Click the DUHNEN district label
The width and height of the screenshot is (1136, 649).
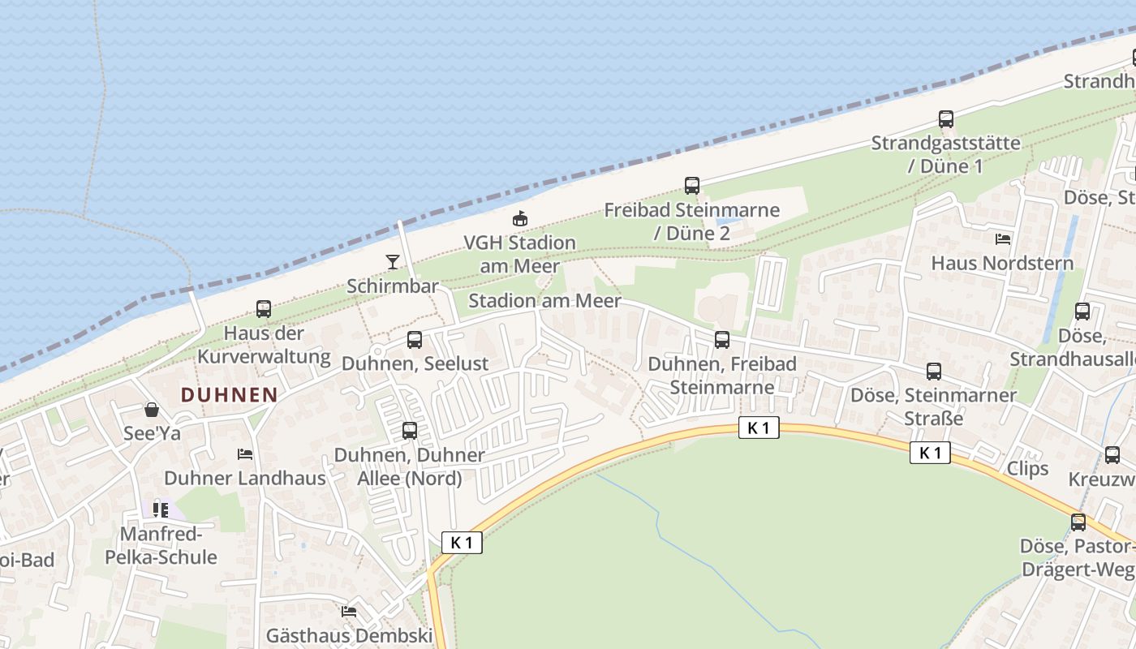[x=229, y=395]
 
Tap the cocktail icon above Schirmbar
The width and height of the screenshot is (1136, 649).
[x=393, y=261]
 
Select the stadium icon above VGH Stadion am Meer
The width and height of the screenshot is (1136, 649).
[x=519, y=218]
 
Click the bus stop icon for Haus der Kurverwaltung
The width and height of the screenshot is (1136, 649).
[x=264, y=309]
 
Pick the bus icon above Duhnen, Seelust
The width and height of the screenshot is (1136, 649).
[x=415, y=340]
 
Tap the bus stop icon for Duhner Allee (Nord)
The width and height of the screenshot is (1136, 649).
[x=410, y=431]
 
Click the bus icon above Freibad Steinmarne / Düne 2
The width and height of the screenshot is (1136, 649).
[x=691, y=186]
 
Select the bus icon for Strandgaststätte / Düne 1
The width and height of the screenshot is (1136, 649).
[x=946, y=119]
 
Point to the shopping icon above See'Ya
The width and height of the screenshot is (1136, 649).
[x=152, y=410]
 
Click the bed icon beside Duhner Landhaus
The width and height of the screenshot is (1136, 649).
[x=245, y=454]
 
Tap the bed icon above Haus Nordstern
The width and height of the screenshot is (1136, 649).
[x=1003, y=239]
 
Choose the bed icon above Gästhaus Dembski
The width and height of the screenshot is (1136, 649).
[x=349, y=612]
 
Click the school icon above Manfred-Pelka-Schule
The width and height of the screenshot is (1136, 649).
[x=161, y=510]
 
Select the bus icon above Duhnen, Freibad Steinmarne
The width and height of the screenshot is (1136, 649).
[x=722, y=340]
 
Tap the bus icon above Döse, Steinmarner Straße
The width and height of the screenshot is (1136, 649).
[x=934, y=372]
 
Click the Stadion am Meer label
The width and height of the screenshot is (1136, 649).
[x=544, y=301]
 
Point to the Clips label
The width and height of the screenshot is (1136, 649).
[x=1027, y=468]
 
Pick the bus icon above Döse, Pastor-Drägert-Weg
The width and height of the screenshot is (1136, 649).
[x=1078, y=522]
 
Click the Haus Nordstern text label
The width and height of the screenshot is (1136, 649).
[x=1002, y=263]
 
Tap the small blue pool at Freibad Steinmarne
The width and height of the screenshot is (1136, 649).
[x=728, y=219]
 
